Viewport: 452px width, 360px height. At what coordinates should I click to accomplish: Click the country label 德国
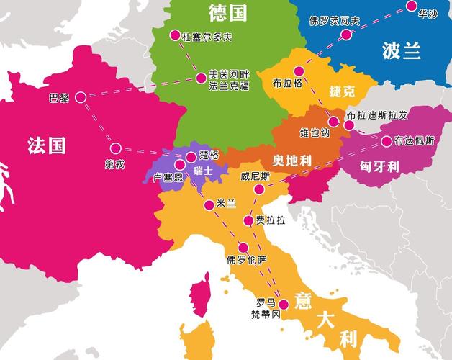(x=227, y=12)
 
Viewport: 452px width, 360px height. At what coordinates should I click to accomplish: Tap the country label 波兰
(x=402, y=51)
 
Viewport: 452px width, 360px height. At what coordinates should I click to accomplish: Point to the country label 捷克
(x=342, y=91)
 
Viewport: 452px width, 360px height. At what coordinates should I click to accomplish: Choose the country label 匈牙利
(x=379, y=166)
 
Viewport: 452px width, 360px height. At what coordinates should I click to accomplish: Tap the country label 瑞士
(x=203, y=171)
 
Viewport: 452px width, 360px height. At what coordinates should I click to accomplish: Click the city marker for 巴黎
(x=80, y=96)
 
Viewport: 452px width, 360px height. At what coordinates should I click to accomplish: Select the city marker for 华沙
(x=411, y=6)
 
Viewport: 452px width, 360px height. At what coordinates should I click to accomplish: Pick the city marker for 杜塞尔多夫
(x=174, y=35)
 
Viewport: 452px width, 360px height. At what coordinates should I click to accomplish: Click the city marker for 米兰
(x=209, y=204)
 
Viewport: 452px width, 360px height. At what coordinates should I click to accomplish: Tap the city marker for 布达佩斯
(x=387, y=141)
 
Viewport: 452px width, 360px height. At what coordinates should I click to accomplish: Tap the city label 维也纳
(x=315, y=133)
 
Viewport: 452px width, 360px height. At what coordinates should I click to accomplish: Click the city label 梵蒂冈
(x=265, y=315)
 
